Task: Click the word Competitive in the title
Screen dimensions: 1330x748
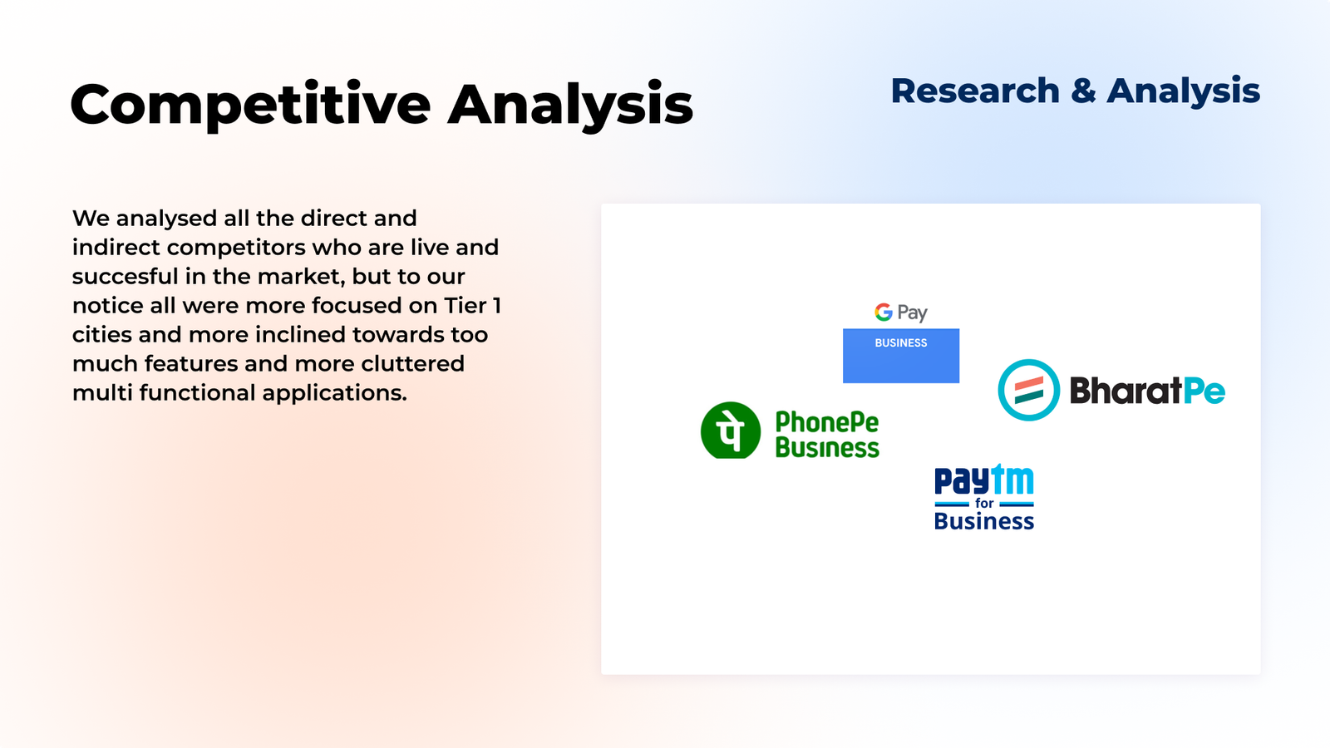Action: pyautogui.click(x=250, y=106)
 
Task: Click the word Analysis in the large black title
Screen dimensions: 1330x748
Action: pyautogui.click(x=570, y=106)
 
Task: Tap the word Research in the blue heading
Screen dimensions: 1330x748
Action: pyautogui.click(x=976, y=91)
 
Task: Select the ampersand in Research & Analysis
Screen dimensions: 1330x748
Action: pyautogui.click(x=1084, y=91)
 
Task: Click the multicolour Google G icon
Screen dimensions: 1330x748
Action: pyautogui.click(x=884, y=312)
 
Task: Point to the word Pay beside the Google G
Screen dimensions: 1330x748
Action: pyautogui.click(x=913, y=312)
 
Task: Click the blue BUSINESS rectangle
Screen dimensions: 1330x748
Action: pyautogui.click(x=901, y=356)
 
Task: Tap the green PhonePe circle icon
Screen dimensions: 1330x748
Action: pyautogui.click(x=731, y=431)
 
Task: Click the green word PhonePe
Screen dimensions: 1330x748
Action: pyautogui.click(x=827, y=423)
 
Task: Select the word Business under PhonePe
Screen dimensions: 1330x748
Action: pyautogui.click(x=827, y=448)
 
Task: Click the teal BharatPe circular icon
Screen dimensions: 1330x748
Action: pyautogui.click(x=1029, y=390)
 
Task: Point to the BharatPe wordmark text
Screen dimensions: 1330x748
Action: pyautogui.click(x=1148, y=391)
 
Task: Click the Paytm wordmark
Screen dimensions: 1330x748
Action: pyautogui.click(x=984, y=480)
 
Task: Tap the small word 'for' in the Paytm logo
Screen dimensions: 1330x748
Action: pyautogui.click(x=984, y=504)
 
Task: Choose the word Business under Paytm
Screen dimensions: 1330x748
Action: pyautogui.click(x=984, y=521)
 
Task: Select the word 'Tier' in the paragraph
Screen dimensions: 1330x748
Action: pyautogui.click(x=465, y=305)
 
